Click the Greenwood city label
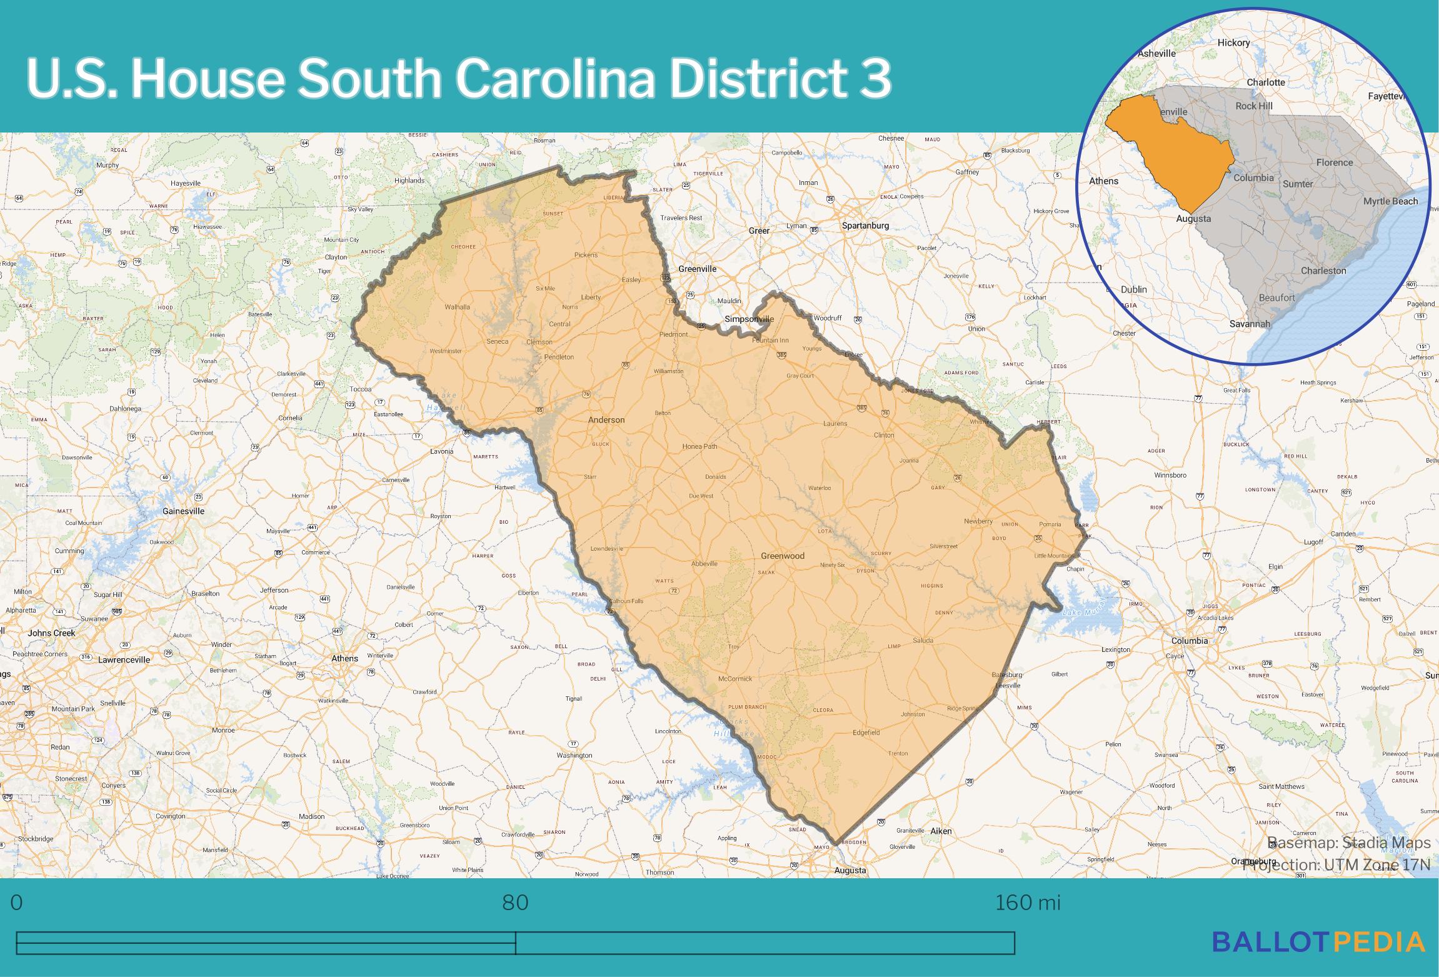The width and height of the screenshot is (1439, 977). coord(782,556)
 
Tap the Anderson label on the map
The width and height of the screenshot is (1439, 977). coord(606,420)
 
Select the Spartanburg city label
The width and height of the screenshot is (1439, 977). coord(865,226)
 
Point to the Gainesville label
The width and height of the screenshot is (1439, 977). coord(183,511)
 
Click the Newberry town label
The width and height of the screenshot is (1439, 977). coord(978,521)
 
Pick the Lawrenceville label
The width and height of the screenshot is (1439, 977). coord(124,659)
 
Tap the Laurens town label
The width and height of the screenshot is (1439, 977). coord(835,423)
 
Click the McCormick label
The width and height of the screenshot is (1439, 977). coord(735,678)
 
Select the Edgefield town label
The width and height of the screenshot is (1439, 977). coord(866,733)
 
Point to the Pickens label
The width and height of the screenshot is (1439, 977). coord(586,255)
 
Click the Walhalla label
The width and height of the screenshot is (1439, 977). coord(457,307)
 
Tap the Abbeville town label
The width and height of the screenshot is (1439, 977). coord(704,563)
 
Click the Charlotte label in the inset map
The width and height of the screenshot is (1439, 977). coord(1266,83)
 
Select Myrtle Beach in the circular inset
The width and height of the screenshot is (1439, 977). coord(1390,201)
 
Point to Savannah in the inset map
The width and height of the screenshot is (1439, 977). coord(1250,324)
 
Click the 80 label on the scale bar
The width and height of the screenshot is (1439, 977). coord(515,903)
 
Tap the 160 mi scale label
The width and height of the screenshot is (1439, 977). coord(1028,903)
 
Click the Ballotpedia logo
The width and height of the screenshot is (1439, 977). coord(1318,959)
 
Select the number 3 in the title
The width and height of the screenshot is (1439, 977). coord(874,79)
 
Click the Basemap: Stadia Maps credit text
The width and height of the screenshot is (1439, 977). coord(1348,843)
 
